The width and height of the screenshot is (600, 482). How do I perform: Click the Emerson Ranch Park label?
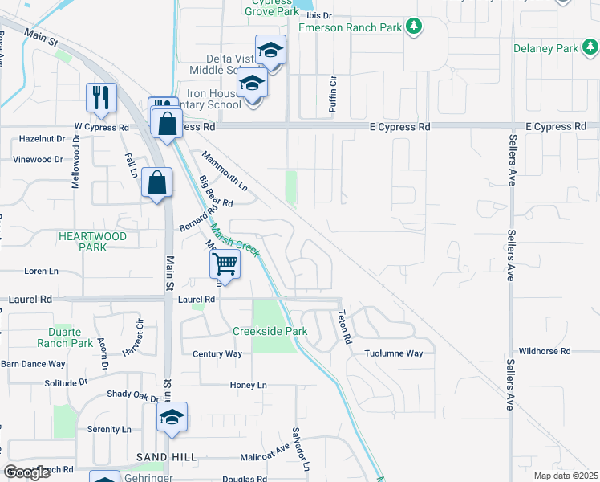(349, 27)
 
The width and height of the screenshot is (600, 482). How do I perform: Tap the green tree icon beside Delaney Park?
(590, 48)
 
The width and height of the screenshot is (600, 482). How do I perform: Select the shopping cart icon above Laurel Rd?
(225, 263)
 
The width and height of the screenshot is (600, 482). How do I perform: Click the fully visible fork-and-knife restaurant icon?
(101, 98)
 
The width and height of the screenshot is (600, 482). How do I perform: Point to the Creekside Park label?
(270, 331)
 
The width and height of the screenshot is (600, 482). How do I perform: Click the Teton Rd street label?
(344, 327)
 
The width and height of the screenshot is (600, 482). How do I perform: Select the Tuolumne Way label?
(393, 353)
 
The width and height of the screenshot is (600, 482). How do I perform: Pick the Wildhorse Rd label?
(544, 351)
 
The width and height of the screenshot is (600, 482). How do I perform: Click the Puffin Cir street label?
(331, 92)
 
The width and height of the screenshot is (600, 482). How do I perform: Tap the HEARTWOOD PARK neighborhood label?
(92, 243)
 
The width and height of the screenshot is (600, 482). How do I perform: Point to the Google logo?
(27, 472)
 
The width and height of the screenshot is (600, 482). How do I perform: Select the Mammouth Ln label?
(225, 170)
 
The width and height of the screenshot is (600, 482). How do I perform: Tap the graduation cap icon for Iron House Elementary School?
(252, 83)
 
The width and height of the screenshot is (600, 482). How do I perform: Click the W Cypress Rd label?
(101, 127)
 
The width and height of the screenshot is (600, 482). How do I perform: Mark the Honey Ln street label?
(248, 386)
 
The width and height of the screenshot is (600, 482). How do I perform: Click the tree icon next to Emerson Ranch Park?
(414, 27)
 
